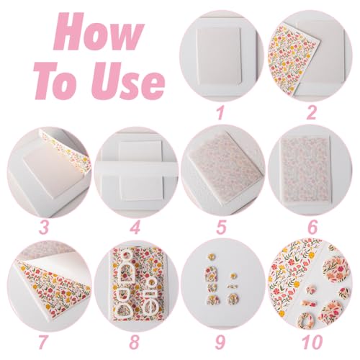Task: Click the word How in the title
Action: (x=99, y=32)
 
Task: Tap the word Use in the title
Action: (x=128, y=81)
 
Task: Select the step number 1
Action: (x=220, y=113)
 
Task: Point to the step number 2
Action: (x=312, y=113)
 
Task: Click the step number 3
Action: (x=45, y=227)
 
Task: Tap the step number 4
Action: (x=135, y=227)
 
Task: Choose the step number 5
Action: (x=221, y=227)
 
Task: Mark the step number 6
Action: (x=312, y=227)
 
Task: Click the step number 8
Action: (x=135, y=342)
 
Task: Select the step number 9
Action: (x=220, y=342)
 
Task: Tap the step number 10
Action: (x=312, y=342)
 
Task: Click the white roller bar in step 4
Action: (x=137, y=169)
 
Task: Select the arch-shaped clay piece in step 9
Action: (x=211, y=274)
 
